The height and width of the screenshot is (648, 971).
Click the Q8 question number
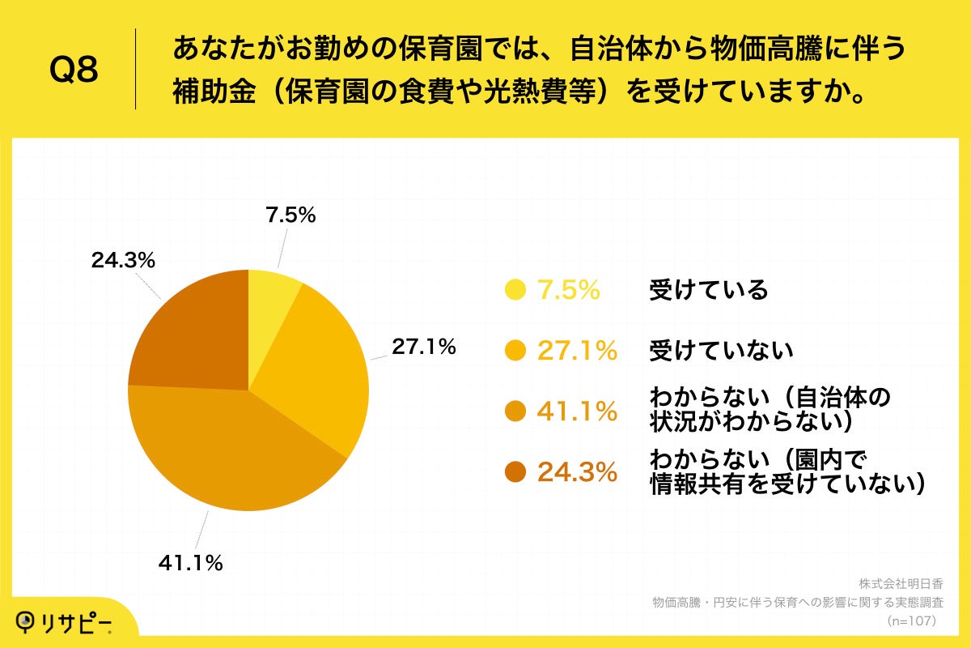[x=74, y=70]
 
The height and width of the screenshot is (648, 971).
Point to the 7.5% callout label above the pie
[x=290, y=215]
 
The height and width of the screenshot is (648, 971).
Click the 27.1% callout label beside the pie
[x=424, y=347]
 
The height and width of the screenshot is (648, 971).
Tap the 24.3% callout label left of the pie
[x=123, y=260]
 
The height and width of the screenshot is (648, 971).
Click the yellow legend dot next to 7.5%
[x=515, y=290]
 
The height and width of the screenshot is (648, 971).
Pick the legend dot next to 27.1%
[x=515, y=350]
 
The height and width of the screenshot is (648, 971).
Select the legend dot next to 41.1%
[x=515, y=411]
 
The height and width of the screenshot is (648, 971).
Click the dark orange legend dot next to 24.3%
[x=515, y=471]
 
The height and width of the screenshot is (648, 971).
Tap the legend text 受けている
[x=708, y=290]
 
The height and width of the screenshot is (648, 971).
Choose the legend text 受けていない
[x=720, y=350]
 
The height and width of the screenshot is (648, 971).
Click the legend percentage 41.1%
[x=577, y=411]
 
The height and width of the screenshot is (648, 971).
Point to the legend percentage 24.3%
[x=577, y=472]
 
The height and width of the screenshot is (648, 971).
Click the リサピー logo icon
[x=28, y=621]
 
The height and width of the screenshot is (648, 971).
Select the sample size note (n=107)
[x=911, y=620]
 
